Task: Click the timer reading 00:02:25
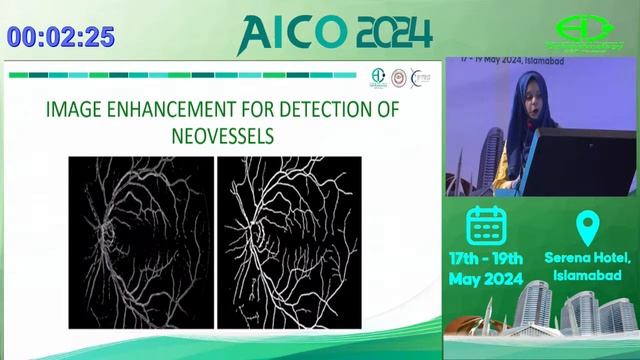61,37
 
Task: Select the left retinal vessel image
141,242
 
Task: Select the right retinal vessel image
289,242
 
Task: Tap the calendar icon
487,224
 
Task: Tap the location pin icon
586,225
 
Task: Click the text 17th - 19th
487,258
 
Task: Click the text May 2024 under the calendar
486,280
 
